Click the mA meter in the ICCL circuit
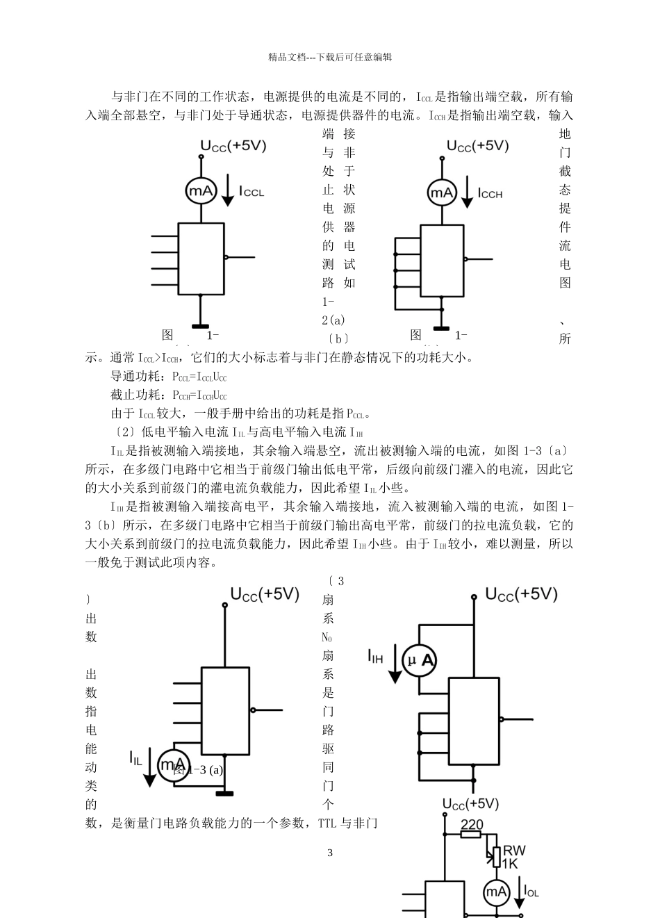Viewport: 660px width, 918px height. (x=201, y=191)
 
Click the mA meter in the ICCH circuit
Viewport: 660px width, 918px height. (x=441, y=192)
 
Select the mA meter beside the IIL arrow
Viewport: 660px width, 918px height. (x=171, y=765)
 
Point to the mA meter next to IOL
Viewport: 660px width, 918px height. (x=496, y=892)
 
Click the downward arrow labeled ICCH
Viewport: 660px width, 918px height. (x=468, y=192)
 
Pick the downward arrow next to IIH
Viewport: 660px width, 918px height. (x=395, y=664)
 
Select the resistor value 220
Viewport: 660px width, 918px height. (x=472, y=825)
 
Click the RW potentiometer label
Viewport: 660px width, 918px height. (x=513, y=850)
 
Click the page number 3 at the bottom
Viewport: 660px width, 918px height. (x=330, y=853)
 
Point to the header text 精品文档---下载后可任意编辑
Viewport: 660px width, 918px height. (x=330, y=57)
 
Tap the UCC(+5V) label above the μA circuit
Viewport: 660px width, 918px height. (x=521, y=594)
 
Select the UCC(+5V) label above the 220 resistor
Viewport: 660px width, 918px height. (x=471, y=804)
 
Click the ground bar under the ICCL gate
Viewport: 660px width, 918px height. (x=201, y=325)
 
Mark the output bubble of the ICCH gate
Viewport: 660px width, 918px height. (x=465, y=259)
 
